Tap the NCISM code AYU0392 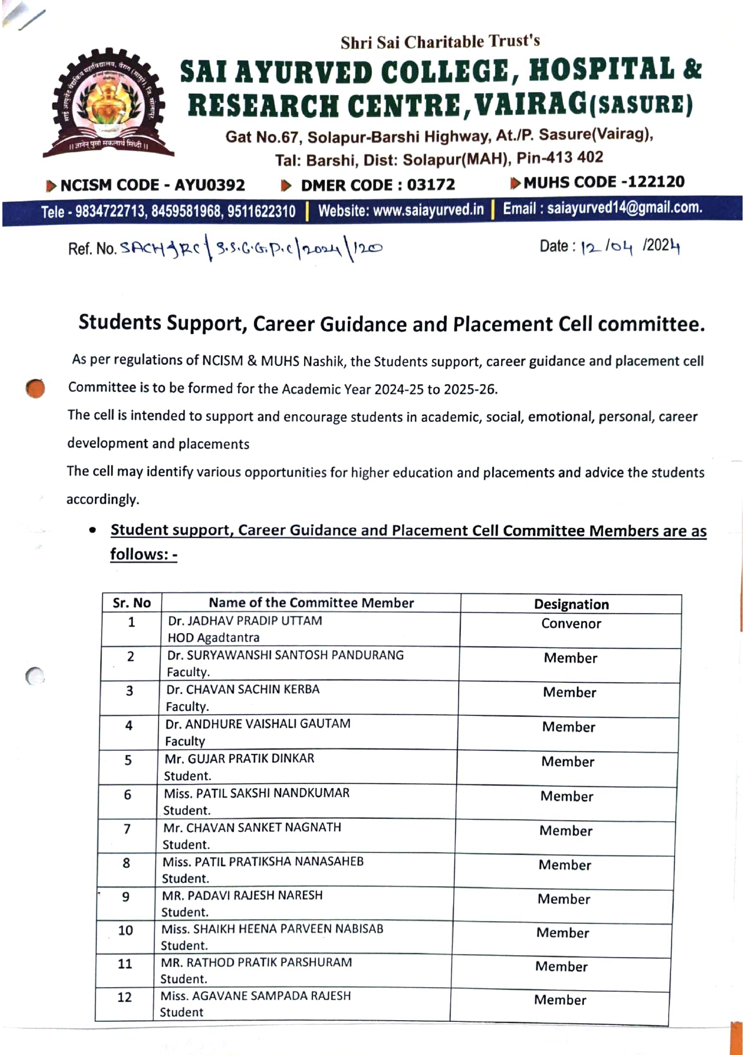point(153,185)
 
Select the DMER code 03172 point(378,185)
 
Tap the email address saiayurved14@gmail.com point(603,208)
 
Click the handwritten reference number point(251,247)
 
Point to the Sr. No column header point(132,603)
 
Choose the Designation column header point(571,604)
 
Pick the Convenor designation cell point(571,623)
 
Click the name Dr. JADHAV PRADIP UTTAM point(245,621)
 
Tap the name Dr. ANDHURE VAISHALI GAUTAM point(258,724)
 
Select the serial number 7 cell point(127,829)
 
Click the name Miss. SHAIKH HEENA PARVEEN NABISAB point(272,929)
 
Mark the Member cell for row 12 point(560,1000)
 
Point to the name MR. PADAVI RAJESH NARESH point(242,895)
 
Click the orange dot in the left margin point(35,388)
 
